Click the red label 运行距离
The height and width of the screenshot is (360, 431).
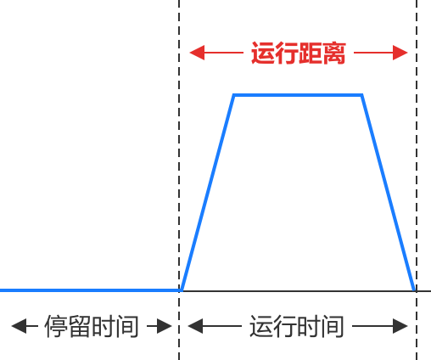click(299, 53)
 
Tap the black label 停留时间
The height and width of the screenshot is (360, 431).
click(92, 326)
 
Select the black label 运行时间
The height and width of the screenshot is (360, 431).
click(297, 326)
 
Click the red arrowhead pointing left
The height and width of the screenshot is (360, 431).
click(197, 53)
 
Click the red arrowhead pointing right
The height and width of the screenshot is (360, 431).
click(400, 53)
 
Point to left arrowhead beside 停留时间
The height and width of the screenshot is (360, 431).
click(19, 326)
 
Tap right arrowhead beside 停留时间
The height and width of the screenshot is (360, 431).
click(165, 326)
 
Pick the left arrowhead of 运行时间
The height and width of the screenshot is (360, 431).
click(195, 326)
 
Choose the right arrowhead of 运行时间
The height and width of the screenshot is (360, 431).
click(400, 326)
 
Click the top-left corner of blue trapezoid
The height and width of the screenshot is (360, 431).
click(234, 95)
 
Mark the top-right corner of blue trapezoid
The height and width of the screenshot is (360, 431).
click(361, 95)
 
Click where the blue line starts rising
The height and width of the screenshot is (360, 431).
click(182, 290)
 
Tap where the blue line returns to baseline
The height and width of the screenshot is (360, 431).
click(414, 290)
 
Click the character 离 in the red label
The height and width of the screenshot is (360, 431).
click(334, 53)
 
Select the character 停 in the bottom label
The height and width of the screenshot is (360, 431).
click(56, 326)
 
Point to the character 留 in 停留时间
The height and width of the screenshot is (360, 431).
click(80, 326)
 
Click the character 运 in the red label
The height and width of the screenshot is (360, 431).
click(263, 53)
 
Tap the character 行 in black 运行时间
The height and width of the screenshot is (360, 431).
click(285, 326)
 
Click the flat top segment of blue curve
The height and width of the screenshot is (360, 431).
click(298, 95)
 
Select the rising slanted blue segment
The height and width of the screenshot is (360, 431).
click(208, 193)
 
